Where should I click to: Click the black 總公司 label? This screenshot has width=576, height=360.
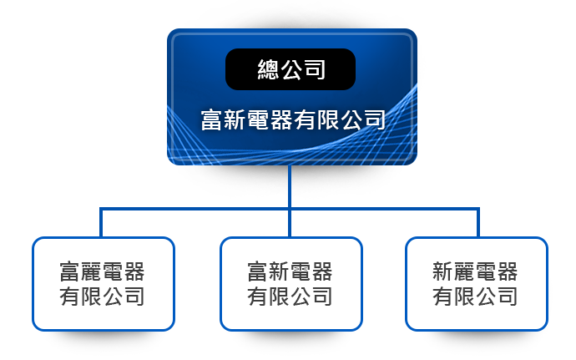[291, 69]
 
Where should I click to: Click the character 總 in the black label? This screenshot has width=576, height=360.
[268, 69]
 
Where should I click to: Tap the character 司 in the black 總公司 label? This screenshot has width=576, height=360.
[315, 69]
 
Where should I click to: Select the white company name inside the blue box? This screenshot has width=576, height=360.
[293, 120]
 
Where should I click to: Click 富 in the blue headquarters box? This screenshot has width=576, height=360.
[212, 120]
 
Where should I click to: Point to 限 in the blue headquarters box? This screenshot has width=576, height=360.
[328, 120]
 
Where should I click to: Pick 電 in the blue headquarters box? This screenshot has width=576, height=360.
[258, 120]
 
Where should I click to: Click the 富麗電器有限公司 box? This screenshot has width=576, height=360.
[104, 284]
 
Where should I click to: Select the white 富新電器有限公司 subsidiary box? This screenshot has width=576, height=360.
[291, 284]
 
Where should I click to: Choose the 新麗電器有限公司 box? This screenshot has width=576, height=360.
[477, 284]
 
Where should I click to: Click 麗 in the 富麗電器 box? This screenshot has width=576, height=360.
[91, 271]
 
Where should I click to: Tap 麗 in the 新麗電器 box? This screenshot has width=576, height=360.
[464, 271]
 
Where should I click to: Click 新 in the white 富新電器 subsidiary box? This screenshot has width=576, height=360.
[279, 271]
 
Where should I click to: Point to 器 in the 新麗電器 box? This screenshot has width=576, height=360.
[507, 271]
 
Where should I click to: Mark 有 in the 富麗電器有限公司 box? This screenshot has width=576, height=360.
[70, 297]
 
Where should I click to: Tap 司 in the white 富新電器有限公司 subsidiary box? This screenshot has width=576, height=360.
[321, 297]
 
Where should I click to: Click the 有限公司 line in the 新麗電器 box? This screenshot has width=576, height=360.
[475, 297]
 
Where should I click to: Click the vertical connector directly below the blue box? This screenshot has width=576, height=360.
[290, 186]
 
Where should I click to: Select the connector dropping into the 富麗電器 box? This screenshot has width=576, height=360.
[101, 223]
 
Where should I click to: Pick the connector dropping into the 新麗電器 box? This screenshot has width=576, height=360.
[478, 223]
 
